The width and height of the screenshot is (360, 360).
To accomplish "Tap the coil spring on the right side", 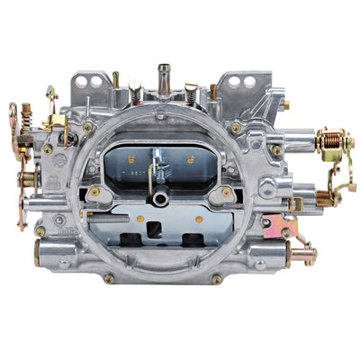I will click(332, 141).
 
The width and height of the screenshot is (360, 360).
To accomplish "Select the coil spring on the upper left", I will click(26, 114).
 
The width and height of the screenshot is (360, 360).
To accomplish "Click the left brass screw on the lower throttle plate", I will click(94, 191).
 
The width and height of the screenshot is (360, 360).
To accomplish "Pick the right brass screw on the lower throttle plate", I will click(225, 191).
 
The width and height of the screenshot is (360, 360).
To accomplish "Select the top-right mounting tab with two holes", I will click(241, 83).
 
